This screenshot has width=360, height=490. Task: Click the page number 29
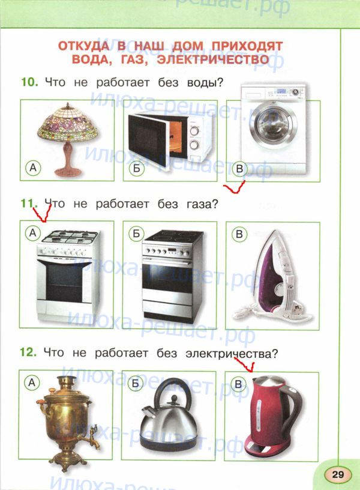point(338,474)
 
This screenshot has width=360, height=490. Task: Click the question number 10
point(29,82)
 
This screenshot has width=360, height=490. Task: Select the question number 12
point(28,352)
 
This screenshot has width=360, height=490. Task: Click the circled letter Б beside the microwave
point(137,169)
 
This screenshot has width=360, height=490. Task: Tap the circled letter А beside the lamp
point(33,168)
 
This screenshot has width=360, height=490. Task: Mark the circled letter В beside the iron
point(239,234)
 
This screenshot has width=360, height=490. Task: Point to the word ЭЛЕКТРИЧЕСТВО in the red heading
point(213,59)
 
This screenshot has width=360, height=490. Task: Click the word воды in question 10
point(205,83)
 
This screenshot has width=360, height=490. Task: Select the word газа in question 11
point(202,204)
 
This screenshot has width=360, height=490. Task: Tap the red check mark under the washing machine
point(235,187)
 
